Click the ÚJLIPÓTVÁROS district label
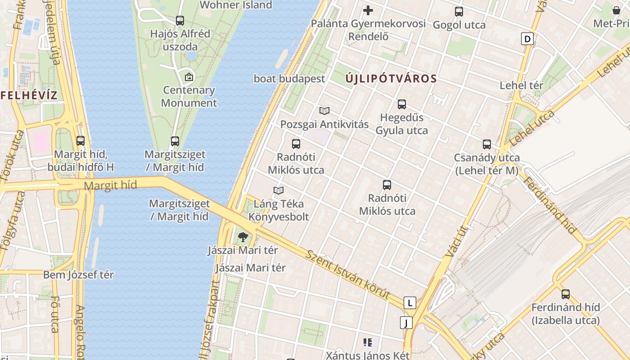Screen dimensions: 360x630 [x=391, y=79]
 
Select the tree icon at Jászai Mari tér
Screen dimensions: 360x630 [x=243, y=237]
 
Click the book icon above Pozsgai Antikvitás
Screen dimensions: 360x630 [x=324, y=111]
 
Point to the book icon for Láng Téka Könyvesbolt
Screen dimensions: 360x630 [x=279, y=190]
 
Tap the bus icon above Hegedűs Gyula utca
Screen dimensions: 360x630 [x=402, y=104]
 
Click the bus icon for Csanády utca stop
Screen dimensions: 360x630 [x=487, y=144]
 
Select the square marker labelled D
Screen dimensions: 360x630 [x=527, y=39]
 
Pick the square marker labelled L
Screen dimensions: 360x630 [x=409, y=303]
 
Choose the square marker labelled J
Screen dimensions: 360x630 [x=406, y=322]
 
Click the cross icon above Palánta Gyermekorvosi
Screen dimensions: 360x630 [x=368, y=10]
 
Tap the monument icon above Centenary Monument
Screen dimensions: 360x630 [x=189, y=76]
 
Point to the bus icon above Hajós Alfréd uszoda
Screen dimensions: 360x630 [x=180, y=20]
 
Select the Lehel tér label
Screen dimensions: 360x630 [x=522, y=85]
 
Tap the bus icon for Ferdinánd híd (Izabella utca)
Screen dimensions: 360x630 [x=566, y=294]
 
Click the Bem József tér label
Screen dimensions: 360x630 [x=78, y=274]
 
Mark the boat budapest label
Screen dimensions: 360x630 [x=289, y=79]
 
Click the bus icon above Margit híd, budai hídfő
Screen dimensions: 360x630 [x=81, y=141]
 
